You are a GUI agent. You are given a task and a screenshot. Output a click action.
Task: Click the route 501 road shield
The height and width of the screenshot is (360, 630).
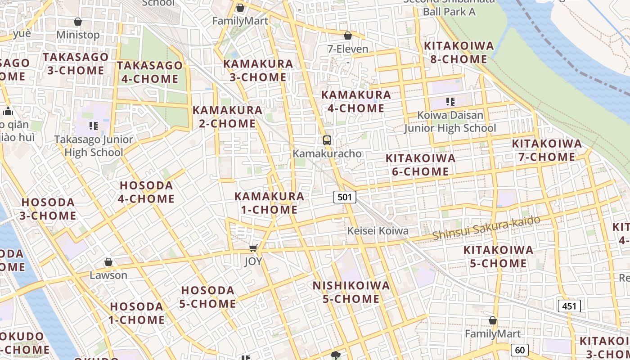click(x=345, y=197)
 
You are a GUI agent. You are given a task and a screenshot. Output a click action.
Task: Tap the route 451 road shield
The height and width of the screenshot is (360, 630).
click(x=569, y=306)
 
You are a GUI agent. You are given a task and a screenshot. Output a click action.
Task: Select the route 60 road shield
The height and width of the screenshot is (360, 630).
click(x=519, y=350)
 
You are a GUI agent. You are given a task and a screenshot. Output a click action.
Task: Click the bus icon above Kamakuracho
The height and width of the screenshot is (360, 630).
click(x=327, y=140)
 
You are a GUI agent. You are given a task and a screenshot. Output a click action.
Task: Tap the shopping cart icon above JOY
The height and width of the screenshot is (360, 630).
click(x=253, y=248)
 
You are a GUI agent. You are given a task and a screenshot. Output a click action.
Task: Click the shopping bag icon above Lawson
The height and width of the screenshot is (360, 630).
click(x=108, y=262)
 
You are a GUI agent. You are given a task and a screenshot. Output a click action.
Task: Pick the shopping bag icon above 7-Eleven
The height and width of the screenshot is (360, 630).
click(x=348, y=36)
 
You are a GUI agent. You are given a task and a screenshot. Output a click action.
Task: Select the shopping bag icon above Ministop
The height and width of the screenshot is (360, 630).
click(x=78, y=22)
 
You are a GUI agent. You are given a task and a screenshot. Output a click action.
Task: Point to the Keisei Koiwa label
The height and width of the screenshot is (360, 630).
click(x=378, y=231)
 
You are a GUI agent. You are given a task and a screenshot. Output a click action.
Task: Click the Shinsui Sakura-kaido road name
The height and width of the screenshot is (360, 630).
click(x=486, y=228)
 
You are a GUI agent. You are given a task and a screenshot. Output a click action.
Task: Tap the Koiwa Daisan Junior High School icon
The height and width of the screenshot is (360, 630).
click(x=450, y=102)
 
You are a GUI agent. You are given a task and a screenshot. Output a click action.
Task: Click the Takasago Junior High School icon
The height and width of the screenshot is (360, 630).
click(x=94, y=126)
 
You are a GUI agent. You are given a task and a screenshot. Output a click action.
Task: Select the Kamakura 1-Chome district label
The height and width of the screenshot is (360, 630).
click(x=269, y=203)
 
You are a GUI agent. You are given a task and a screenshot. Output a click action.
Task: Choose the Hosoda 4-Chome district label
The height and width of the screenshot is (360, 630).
click(x=147, y=192)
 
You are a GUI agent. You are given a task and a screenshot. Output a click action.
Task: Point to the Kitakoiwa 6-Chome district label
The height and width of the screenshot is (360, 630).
click(x=420, y=165)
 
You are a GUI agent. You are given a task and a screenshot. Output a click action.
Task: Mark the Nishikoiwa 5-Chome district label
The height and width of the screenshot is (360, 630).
click(x=351, y=292)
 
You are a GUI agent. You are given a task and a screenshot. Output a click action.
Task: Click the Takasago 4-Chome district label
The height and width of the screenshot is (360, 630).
click(x=150, y=72)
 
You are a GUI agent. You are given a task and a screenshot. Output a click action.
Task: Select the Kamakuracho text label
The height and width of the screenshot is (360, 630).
click(x=327, y=153)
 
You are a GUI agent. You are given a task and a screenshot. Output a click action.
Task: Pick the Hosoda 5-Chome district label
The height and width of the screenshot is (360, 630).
click(x=208, y=297)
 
